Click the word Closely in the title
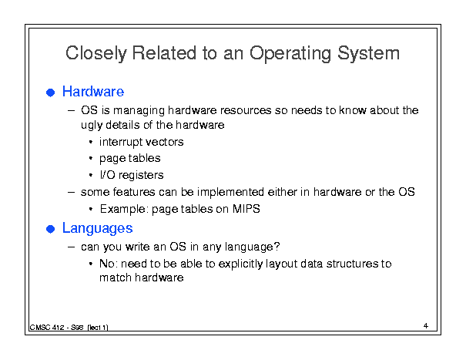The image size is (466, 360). coord(96,53)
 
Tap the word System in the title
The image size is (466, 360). coord(368,53)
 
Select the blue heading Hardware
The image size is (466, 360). coord(93,91)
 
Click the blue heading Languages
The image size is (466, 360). coord(97,229)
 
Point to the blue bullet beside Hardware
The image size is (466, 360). coord(51,93)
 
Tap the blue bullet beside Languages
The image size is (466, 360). coord(51,229)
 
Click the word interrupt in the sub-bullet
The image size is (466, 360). coord(121,142)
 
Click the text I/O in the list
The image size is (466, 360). coord(107,175)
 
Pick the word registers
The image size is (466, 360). coord(141,175)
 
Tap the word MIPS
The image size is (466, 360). coord(246,209)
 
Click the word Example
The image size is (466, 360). coord(124,209)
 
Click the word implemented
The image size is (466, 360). coord(230,192)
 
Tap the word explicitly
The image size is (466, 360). coord(240,264)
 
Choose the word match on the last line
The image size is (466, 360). coord(115,278)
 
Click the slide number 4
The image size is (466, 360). coord(426,326)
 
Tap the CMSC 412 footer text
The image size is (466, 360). coord(69,328)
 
